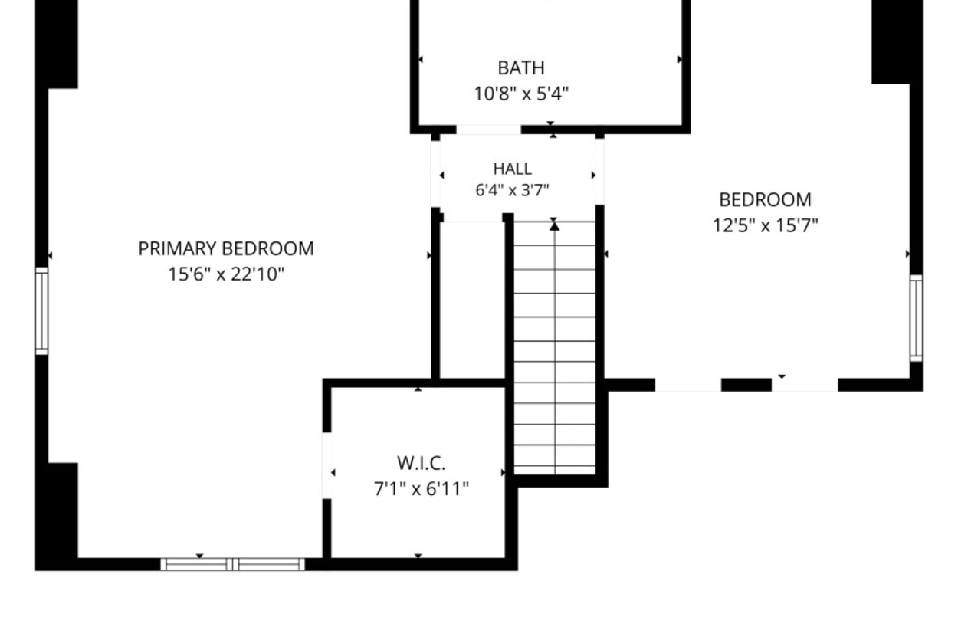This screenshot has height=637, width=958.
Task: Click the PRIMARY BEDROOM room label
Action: coord(226,249)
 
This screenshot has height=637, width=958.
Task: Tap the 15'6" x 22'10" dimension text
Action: coord(226,274)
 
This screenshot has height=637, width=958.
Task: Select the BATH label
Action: coord(521,68)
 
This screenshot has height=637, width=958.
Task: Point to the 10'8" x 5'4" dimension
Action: coord(521,94)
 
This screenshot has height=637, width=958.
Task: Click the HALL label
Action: coord(513,169)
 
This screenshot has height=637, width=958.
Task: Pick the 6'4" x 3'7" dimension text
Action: coord(513,190)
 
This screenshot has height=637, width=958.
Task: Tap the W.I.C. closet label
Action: coord(422,463)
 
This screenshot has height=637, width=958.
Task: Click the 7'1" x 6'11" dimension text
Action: coord(422,488)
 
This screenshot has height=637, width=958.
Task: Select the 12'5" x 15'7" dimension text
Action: coord(765,225)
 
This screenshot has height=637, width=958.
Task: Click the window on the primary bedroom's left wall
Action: coord(41,311)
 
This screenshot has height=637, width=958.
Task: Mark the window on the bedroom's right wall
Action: coord(916,318)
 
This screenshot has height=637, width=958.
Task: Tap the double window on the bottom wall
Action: coord(233,564)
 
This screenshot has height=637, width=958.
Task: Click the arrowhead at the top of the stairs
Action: coord(555,226)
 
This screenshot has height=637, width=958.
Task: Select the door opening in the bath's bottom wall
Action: coord(488,130)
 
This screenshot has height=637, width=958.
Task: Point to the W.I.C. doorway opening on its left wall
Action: coord(326,465)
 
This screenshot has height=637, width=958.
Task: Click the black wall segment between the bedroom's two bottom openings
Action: coord(746,385)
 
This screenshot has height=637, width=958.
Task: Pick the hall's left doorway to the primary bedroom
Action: coord(435,174)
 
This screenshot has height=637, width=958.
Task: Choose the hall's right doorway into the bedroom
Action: coord(599,172)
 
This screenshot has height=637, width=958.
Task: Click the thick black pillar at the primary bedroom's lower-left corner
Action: coord(57,517)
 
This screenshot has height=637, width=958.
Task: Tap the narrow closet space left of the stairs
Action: coord(471,300)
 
